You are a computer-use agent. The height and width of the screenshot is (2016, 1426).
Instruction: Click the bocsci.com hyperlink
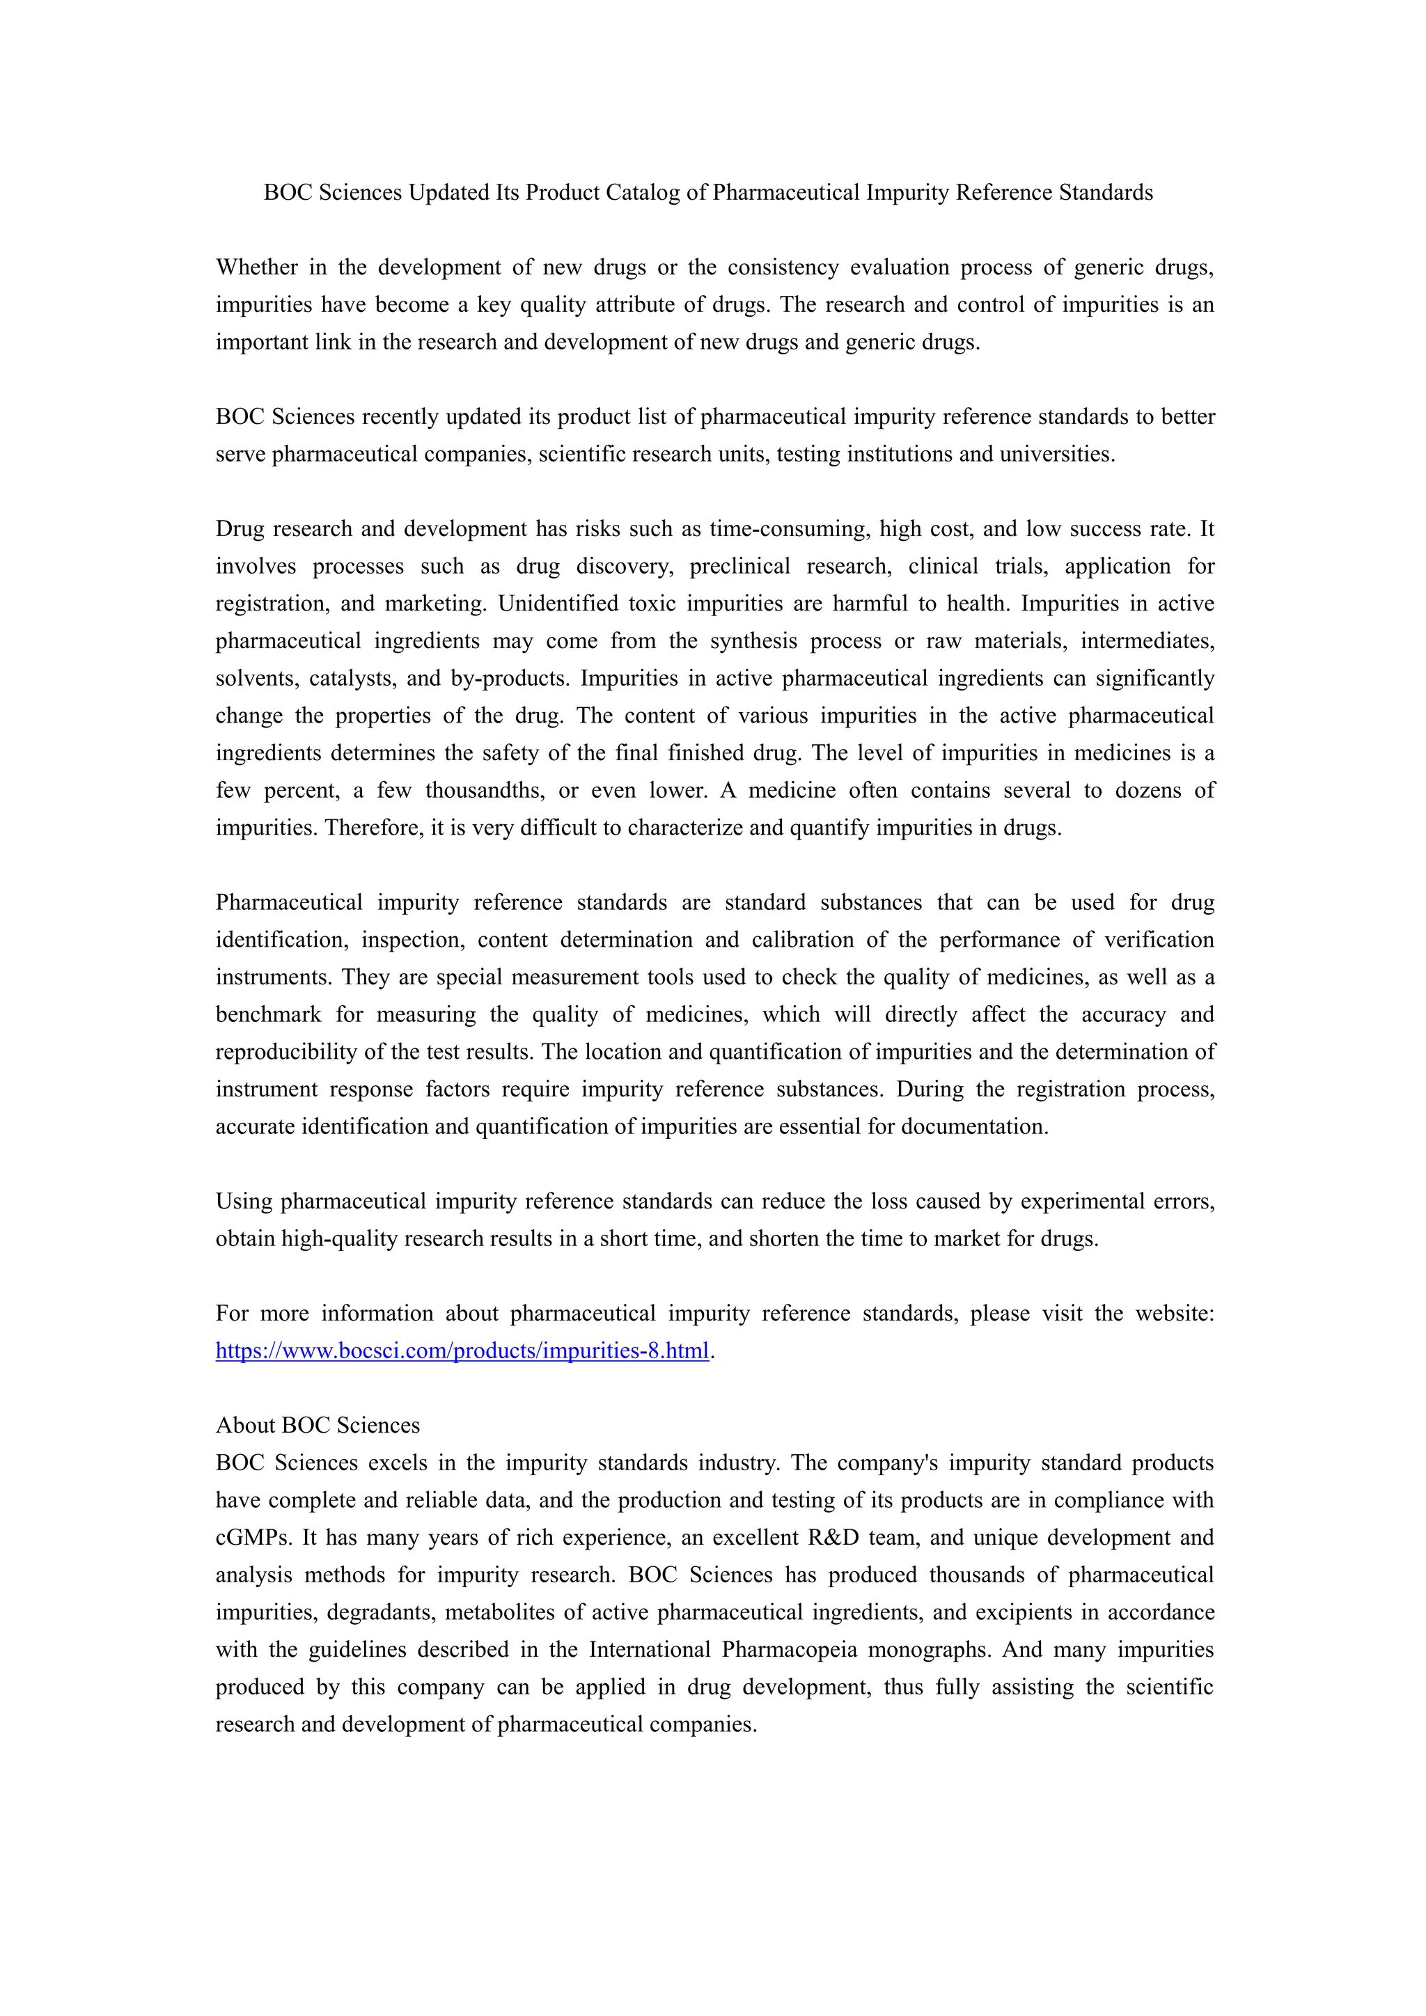462,1350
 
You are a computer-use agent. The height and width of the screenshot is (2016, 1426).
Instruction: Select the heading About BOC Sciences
318,1425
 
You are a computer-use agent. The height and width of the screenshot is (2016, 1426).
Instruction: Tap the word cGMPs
253,1538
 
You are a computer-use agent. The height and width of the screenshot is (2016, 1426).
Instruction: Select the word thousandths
485,790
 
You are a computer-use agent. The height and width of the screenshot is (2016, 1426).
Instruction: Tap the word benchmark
269,1014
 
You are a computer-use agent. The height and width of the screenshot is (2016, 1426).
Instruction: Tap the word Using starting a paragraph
244,1201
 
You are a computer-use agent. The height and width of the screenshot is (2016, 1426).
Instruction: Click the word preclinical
739,567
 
